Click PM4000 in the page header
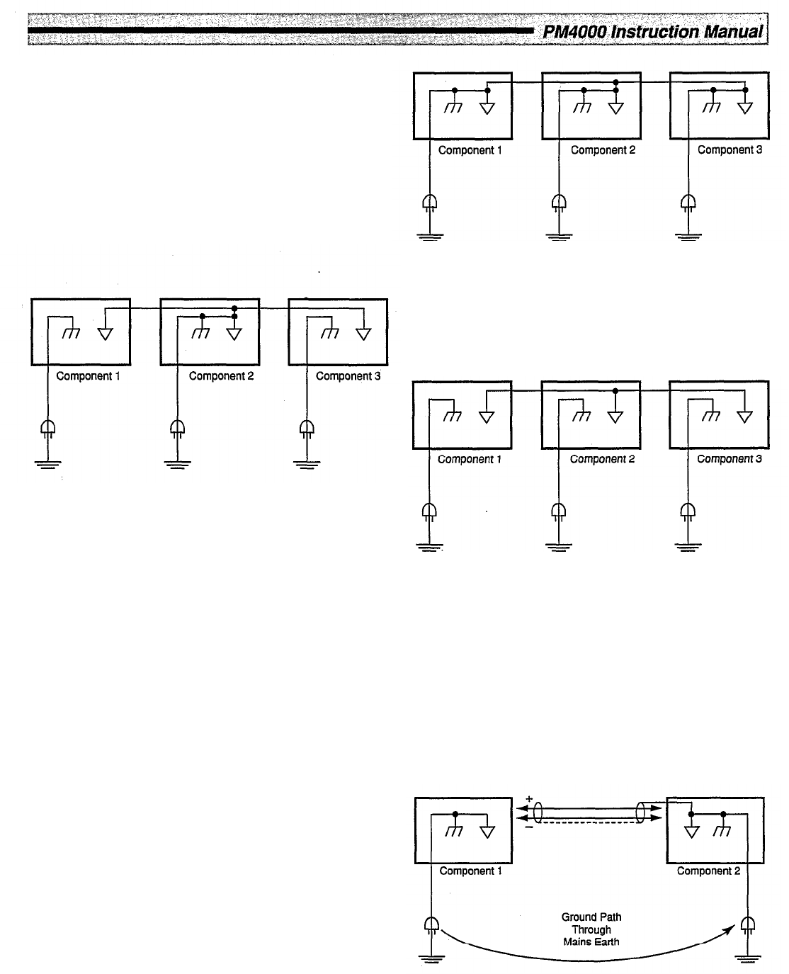coord(569,32)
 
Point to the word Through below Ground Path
coord(591,929)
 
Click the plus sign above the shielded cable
coord(528,800)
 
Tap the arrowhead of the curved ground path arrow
coord(734,931)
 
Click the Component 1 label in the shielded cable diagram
coord(470,871)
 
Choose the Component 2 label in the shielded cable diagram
coord(708,871)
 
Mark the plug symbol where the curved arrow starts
coord(431,924)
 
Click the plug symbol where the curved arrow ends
coord(747,924)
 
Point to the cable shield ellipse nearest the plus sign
coord(539,812)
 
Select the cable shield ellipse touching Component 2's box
coord(646,812)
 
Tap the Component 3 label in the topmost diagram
coord(730,150)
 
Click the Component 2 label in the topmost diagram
coord(603,150)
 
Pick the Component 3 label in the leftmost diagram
coord(348,376)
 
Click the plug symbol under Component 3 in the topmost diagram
coord(687,204)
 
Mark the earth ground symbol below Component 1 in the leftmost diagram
coord(48,465)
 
